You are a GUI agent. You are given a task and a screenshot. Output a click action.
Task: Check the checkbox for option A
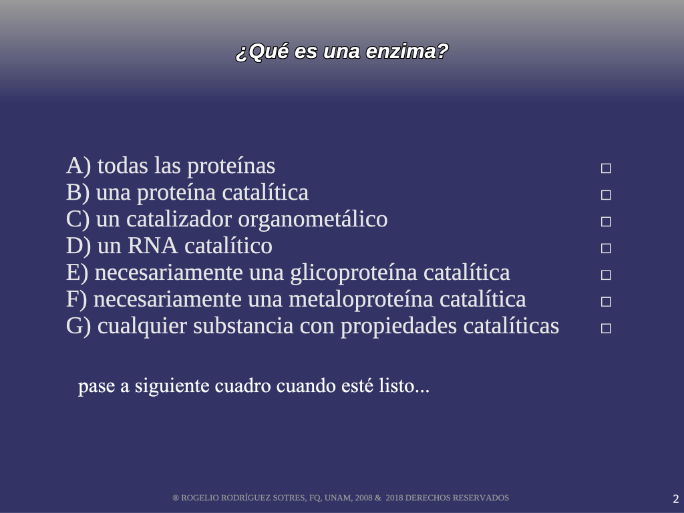(606, 168)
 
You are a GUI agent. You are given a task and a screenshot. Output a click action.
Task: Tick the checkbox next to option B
(606, 195)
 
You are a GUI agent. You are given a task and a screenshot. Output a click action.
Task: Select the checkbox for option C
(606, 222)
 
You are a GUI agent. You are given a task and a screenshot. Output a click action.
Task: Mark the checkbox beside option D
(606, 248)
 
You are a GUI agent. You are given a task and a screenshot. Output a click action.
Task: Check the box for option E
(606, 275)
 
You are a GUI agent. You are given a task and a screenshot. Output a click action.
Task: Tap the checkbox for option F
(606, 301)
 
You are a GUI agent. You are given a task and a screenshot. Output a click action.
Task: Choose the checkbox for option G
(606, 328)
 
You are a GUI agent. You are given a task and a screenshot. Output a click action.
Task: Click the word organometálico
(313, 220)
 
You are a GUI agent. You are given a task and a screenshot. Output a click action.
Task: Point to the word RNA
(153, 246)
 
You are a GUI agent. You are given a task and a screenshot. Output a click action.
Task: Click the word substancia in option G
(243, 326)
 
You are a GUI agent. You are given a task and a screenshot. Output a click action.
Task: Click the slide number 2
(676, 498)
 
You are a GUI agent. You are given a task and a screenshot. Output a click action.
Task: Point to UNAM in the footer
(337, 498)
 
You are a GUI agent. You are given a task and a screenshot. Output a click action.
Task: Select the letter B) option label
(78, 193)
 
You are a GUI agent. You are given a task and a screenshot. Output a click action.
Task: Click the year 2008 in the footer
(364, 498)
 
